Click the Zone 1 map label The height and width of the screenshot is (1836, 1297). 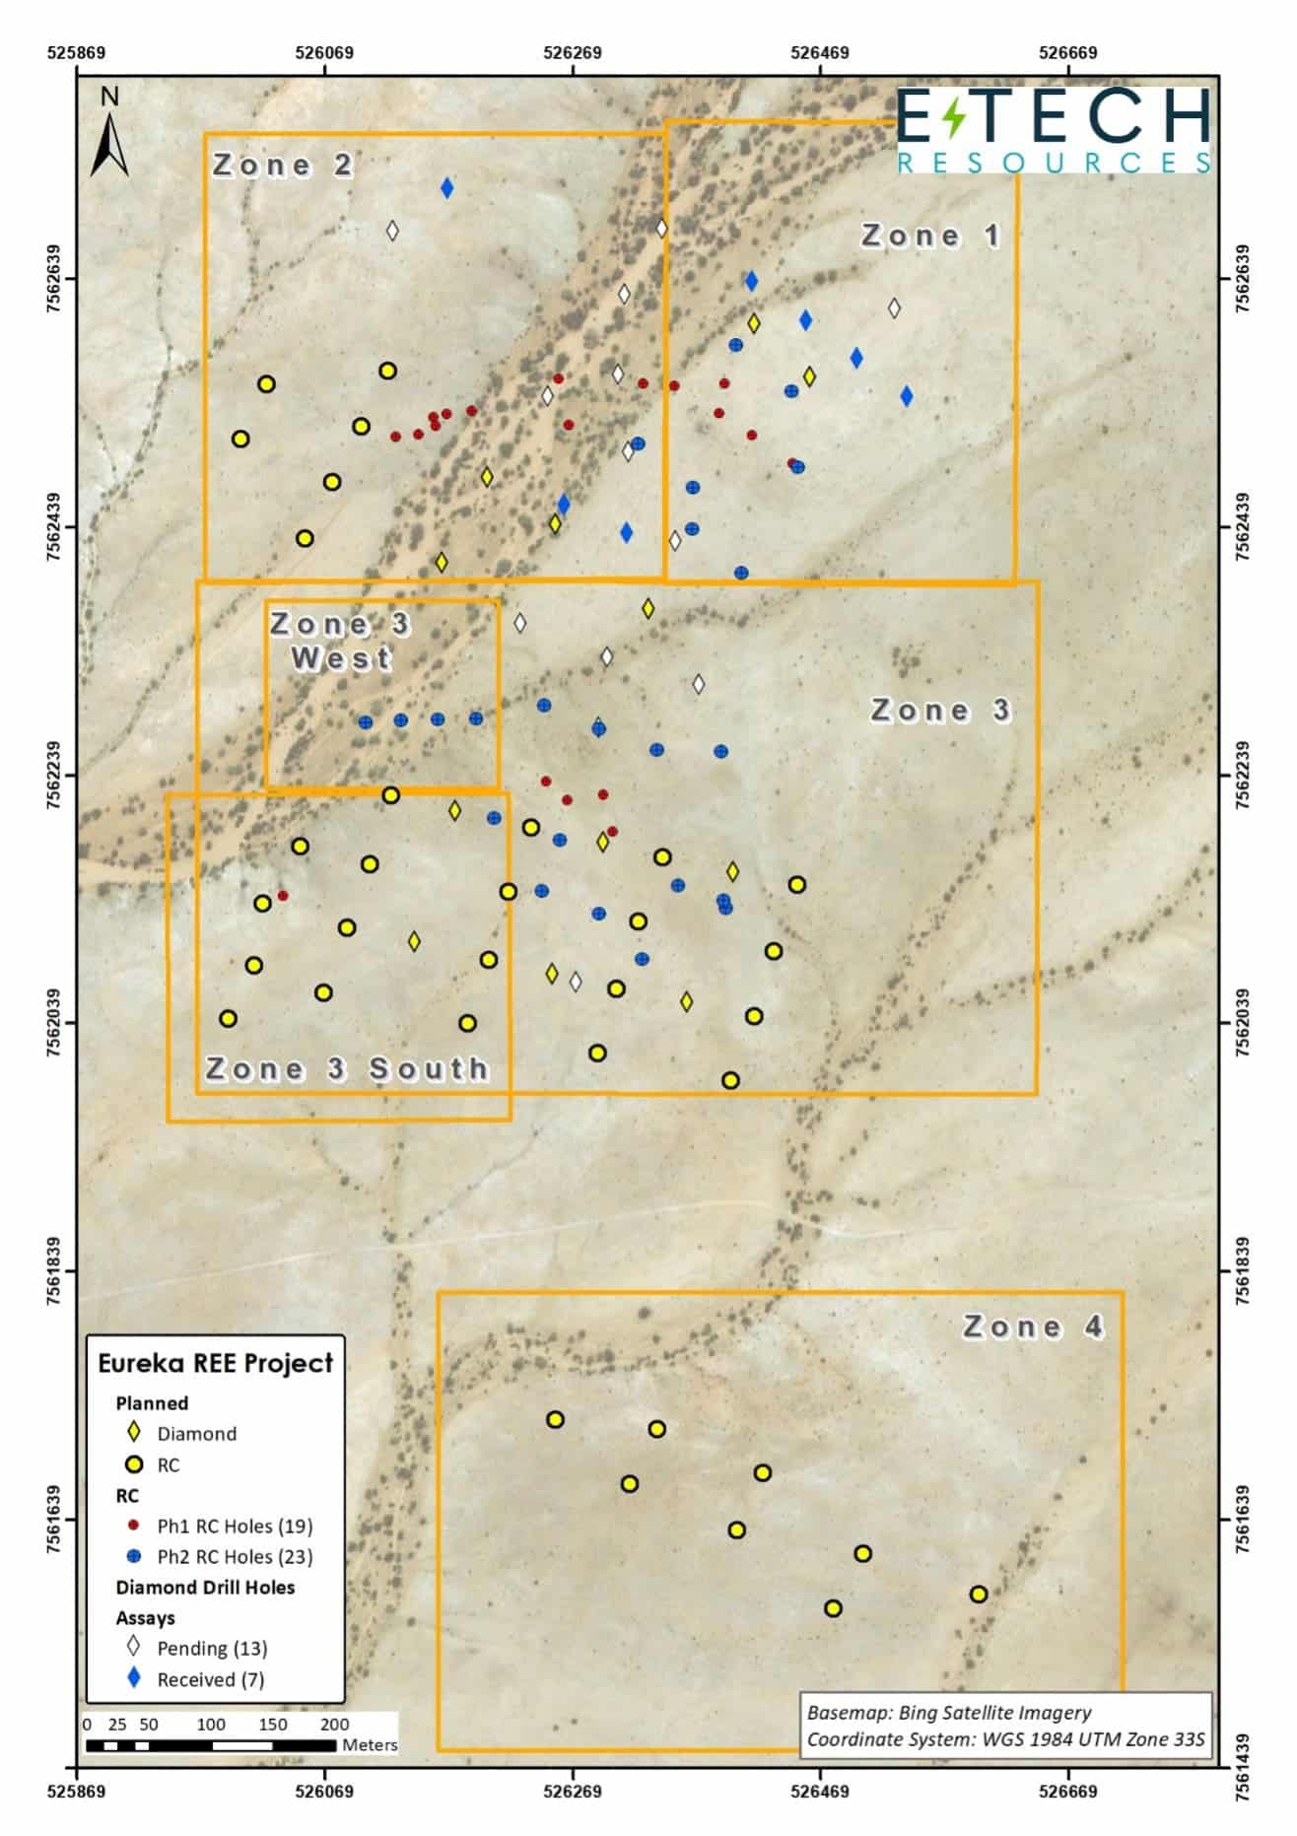930,236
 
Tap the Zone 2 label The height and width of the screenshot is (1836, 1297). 283,165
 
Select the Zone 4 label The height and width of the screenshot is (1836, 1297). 1033,1326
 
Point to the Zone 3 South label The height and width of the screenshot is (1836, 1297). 347,1068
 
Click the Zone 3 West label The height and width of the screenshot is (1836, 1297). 341,641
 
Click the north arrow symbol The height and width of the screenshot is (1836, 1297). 109,133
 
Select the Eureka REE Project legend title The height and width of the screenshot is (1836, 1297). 216,1363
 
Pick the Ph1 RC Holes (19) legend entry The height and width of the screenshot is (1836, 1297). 235,1526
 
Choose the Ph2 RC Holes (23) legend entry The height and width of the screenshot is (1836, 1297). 235,1556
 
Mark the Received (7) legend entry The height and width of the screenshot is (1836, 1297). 210,1679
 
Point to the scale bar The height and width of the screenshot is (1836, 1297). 211,1745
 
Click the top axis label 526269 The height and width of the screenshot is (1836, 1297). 572,53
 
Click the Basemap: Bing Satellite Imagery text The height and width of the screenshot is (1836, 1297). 948,1713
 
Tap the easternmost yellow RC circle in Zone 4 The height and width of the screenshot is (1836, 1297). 978,1594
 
